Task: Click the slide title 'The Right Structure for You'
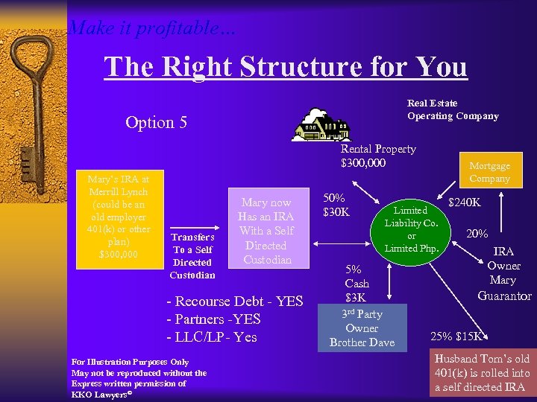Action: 286,67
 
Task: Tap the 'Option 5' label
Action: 156,122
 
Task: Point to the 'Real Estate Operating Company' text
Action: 453,109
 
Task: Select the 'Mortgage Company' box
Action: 489,172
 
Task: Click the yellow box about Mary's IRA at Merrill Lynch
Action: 119,217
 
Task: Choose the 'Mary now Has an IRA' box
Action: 266,231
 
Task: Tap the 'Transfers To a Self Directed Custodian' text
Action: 192,256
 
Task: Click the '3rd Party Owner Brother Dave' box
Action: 362,328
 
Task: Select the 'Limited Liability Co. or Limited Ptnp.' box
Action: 411,229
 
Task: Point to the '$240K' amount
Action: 464,202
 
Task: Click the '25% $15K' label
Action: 457,336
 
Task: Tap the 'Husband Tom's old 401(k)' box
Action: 481,373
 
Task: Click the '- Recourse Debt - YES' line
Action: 234,301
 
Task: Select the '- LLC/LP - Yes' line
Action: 211,336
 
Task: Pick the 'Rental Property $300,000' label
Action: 378,156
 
